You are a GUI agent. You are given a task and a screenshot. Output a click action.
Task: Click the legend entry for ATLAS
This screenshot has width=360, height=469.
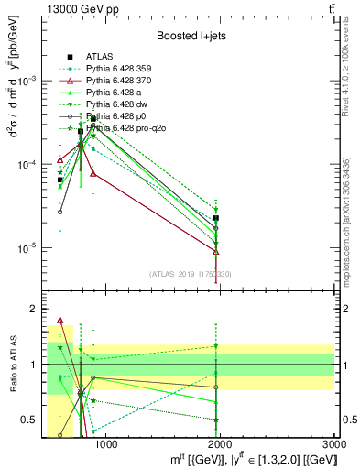tap(100, 56)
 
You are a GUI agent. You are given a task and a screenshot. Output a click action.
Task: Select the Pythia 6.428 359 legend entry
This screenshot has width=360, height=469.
tap(115, 68)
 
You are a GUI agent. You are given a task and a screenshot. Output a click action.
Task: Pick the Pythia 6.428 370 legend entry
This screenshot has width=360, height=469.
tap(115, 81)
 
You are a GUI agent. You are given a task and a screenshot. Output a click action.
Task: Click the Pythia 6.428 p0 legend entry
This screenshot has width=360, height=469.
tap(112, 117)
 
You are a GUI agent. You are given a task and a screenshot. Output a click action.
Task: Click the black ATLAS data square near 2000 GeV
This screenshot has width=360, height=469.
tap(215, 218)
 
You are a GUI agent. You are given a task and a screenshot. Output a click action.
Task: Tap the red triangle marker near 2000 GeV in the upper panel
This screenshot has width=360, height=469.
tap(215, 251)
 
